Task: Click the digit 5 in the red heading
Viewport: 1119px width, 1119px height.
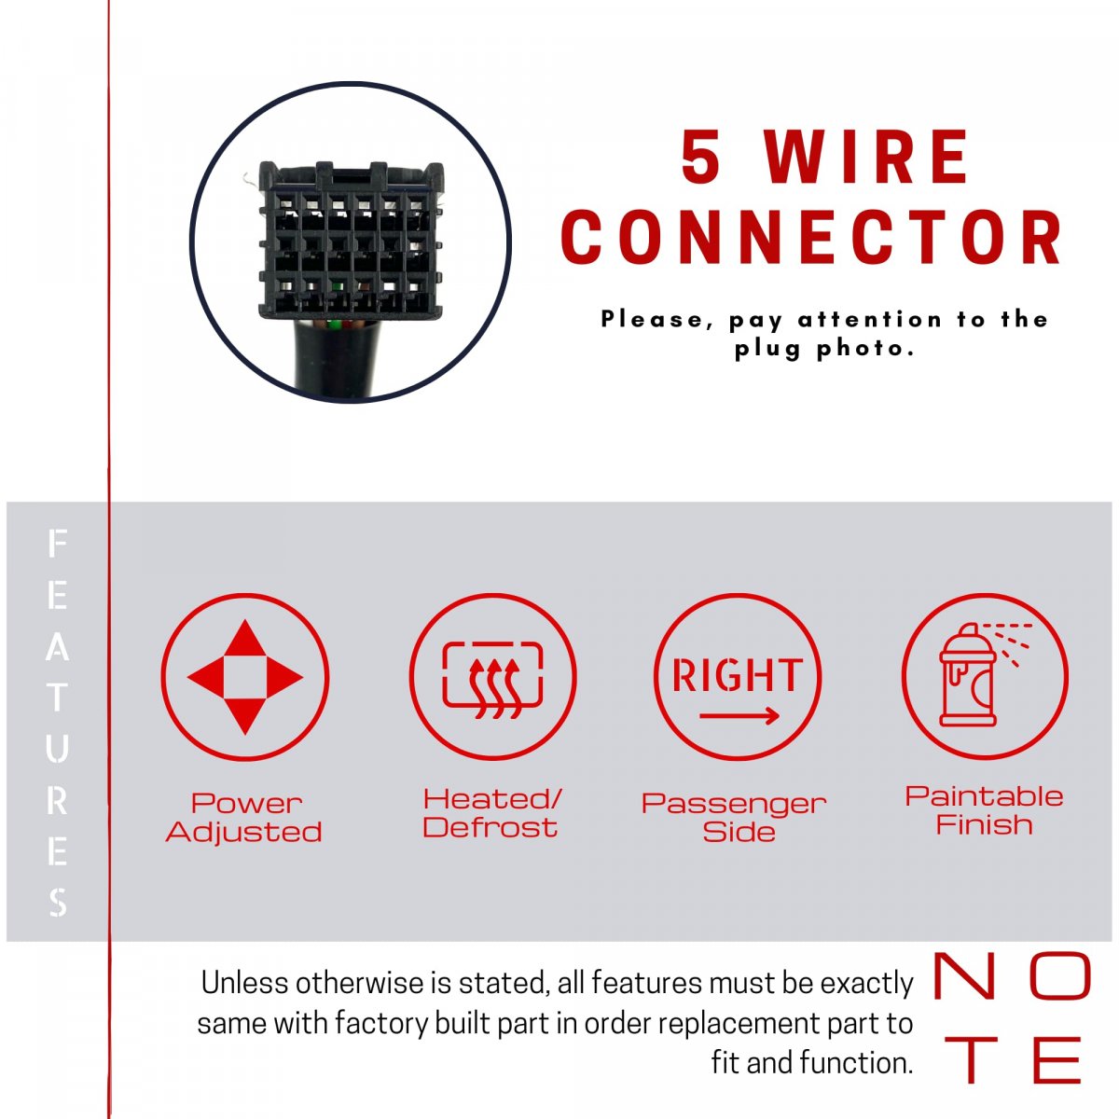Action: click(701, 156)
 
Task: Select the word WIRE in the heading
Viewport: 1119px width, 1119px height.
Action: click(866, 156)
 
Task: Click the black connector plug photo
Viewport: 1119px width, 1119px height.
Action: click(351, 240)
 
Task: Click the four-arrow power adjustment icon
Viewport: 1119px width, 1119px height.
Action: click(244, 676)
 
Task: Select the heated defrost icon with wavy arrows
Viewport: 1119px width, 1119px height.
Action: click(492, 680)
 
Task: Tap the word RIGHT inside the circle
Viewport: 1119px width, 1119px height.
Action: click(738, 675)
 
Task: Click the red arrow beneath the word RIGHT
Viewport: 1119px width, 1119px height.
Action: click(739, 716)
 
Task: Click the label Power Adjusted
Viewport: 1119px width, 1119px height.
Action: click(244, 818)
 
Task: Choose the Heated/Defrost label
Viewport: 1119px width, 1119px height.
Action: click(491, 813)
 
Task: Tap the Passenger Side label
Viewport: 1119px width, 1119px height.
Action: click(735, 818)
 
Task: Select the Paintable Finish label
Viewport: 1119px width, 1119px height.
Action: click(985, 810)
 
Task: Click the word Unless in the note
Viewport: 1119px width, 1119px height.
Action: click(245, 984)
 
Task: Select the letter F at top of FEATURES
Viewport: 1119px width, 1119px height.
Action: click(57, 543)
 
